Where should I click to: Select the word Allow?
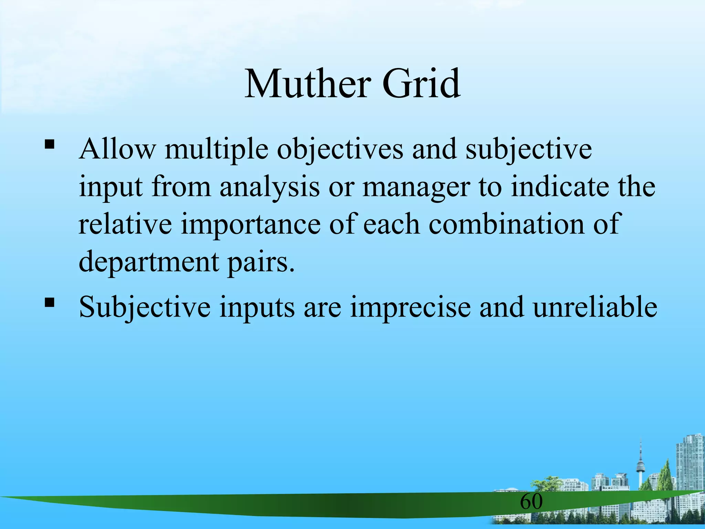tap(117, 149)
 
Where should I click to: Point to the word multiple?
tap(216, 149)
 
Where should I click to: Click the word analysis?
tap(270, 187)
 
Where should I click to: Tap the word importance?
tap(250, 224)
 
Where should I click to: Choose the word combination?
tap(506, 224)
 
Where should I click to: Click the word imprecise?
tap(410, 307)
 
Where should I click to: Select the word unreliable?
tap(595, 306)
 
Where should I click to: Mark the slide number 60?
tap(531, 501)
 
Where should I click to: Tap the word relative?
tap(125, 224)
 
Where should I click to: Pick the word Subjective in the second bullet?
tap(145, 307)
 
